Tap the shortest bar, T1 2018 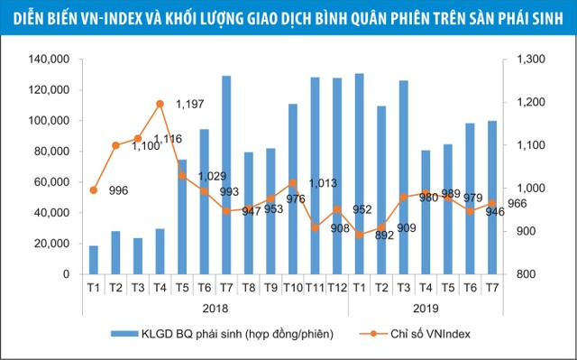click(94, 259)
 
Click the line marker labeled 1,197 click(160, 104)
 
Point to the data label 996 click(117, 190)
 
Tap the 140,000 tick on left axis click(50, 60)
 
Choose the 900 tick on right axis click(529, 231)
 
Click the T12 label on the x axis click(336, 287)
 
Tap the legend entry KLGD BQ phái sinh click(220, 334)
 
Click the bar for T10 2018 click(292, 189)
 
